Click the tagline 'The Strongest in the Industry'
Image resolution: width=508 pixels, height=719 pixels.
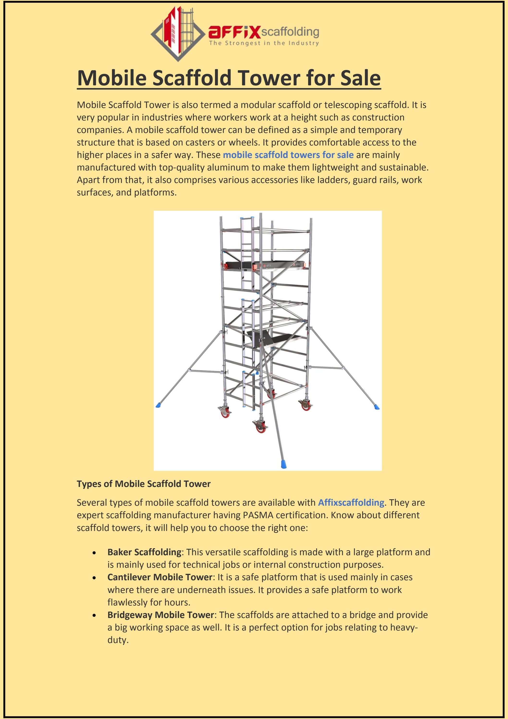[264, 43]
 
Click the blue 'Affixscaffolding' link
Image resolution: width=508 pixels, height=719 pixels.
[351, 503]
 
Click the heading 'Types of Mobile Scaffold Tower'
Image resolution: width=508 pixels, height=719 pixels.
[144, 484]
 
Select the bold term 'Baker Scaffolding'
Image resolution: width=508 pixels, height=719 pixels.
[144, 552]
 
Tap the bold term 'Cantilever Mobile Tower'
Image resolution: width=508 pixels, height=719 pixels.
[160, 577]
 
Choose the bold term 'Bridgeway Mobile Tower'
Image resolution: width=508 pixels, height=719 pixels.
[160, 615]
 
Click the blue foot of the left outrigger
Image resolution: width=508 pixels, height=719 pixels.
[159, 405]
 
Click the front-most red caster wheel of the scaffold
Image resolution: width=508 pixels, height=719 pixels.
[261, 429]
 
